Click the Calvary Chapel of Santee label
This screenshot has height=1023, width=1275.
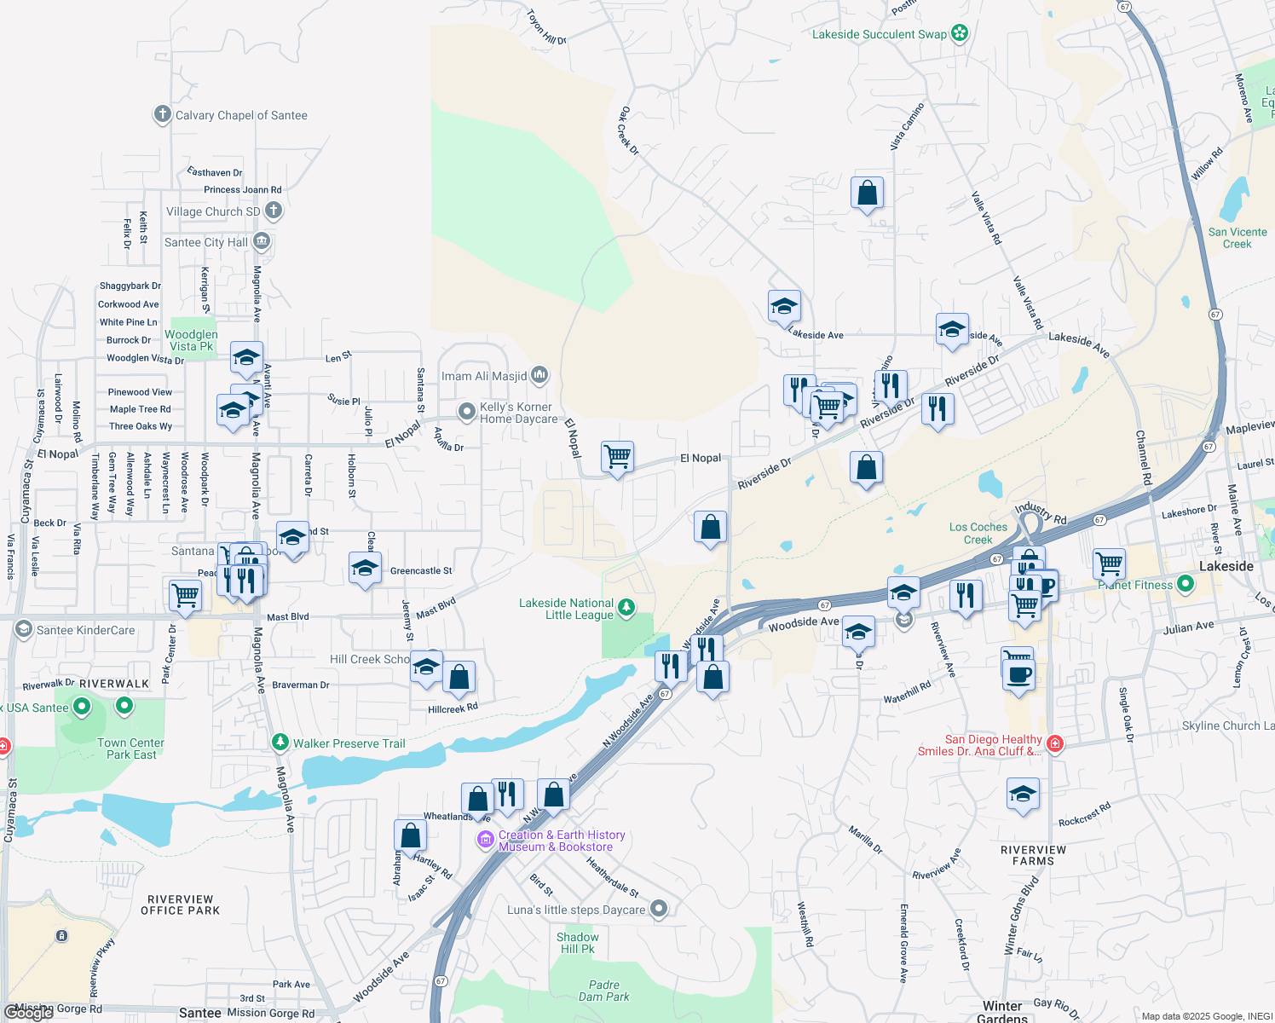point(241,115)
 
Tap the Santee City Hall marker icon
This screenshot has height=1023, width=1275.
point(262,242)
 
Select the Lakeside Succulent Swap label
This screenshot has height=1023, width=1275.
point(879,34)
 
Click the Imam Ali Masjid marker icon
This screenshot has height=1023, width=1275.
point(539,375)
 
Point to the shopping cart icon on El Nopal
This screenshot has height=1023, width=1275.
point(617,457)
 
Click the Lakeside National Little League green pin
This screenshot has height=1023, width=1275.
point(626,607)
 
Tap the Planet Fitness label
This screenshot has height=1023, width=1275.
point(1135,585)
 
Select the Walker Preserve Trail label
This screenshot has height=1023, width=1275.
point(349,743)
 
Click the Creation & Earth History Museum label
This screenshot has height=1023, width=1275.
point(561,841)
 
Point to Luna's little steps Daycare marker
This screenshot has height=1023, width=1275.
point(658,909)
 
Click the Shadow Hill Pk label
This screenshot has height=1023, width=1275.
point(577,943)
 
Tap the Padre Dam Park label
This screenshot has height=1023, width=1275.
point(603,991)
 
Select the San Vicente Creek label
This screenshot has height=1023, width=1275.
point(1237,238)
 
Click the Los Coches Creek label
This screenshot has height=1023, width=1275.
point(978,533)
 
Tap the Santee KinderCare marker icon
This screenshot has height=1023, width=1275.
point(24,630)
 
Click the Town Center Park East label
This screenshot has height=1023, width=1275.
point(130,748)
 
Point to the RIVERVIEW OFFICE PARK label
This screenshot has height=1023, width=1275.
point(180,905)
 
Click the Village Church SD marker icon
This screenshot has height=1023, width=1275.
point(273,210)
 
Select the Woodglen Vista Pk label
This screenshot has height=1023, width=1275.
point(191,340)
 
